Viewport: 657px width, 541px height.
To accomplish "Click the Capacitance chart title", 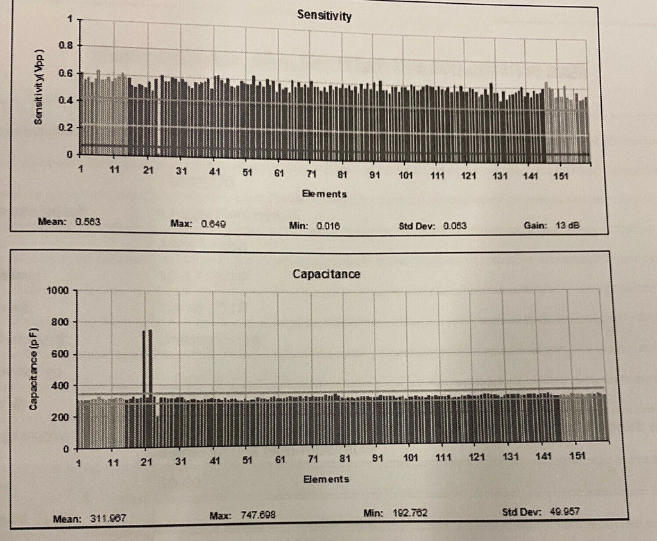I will click(x=326, y=274).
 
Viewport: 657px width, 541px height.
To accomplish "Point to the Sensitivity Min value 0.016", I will click(x=327, y=226).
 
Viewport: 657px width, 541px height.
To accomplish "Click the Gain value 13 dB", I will click(x=568, y=226).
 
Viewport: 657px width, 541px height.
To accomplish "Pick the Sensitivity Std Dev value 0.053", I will click(x=453, y=226).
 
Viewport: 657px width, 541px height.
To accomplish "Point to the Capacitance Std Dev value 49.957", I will click(x=563, y=511).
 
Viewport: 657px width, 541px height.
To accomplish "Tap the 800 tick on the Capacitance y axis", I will click(x=60, y=322).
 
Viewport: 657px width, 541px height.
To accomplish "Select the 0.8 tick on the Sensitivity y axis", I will click(x=66, y=46).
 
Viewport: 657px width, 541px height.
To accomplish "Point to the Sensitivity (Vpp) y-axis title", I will click(x=40, y=87).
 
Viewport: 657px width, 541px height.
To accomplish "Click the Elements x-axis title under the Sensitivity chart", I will click(x=325, y=193).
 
